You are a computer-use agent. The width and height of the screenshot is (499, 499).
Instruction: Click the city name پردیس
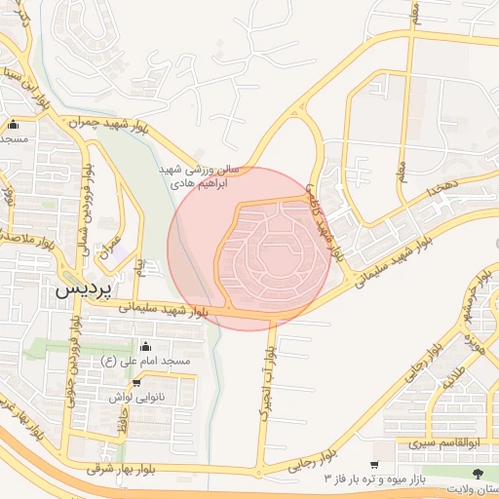point(84,289)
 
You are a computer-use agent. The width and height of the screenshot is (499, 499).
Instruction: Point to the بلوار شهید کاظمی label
point(325,222)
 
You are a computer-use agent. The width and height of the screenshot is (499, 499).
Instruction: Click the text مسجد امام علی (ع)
point(145,362)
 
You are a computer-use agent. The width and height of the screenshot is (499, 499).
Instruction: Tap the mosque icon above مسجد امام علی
point(146,346)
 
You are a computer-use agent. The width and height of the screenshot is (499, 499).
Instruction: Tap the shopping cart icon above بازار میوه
point(376,466)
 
